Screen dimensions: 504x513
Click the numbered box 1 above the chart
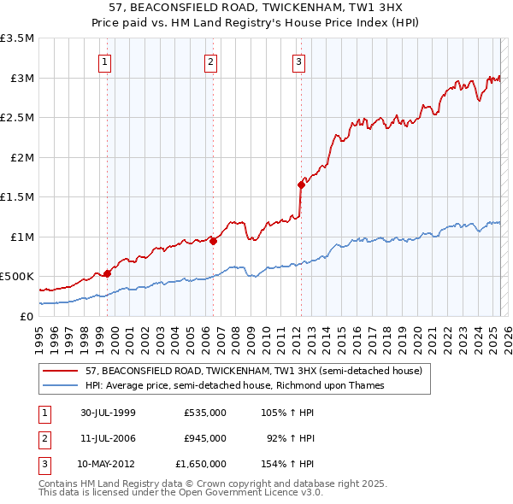pyautogui.click(x=104, y=61)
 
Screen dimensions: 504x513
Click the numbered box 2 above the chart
pyautogui.click(x=210, y=61)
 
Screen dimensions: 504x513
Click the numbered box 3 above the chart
pyautogui.click(x=298, y=61)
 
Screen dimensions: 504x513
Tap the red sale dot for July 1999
pyautogui.click(x=108, y=273)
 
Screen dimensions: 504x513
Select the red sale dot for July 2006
pyautogui.click(x=213, y=241)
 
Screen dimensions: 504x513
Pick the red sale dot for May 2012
pyautogui.click(x=301, y=185)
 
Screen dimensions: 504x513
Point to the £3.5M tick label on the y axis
pyautogui.click(x=17, y=38)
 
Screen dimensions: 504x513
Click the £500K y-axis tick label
pyautogui.click(x=17, y=277)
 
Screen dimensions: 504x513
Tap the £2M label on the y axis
pyautogui.click(x=21, y=157)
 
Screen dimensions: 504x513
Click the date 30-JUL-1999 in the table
pyautogui.click(x=107, y=413)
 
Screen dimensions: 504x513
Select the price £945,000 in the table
pyautogui.click(x=204, y=438)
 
